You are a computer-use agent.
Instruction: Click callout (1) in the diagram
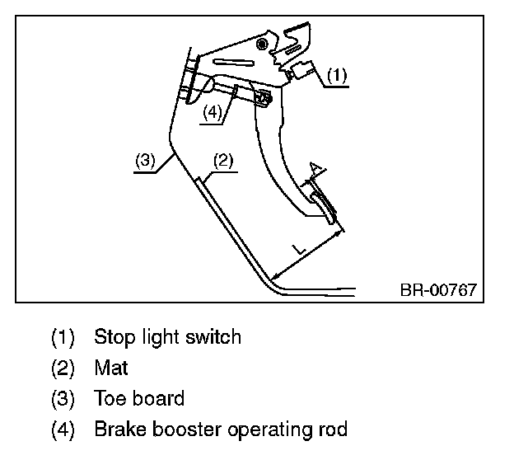pyautogui.click(x=337, y=76)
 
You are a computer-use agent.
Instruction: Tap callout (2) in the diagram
pyautogui.click(x=223, y=161)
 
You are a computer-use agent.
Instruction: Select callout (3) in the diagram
pyautogui.click(x=145, y=161)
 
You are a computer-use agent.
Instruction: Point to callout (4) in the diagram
pyautogui.click(x=213, y=113)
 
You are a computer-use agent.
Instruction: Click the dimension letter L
pyautogui.click(x=299, y=250)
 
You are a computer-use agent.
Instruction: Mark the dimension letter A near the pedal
pyautogui.click(x=316, y=169)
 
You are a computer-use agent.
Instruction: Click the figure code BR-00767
pyautogui.click(x=438, y=290)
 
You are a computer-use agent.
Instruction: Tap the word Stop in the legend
pyautogui.click(x=114, y=337)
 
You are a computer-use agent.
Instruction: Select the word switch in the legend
pyautogui.click(x=213, y=336)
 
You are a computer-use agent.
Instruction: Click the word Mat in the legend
pyautogui.click(x=111, y=368)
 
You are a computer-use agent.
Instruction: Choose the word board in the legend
pyautogui.click(x=158, y=398)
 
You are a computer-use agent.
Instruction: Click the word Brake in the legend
pyautogui.click(x=120, y=429)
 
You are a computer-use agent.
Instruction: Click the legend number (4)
pyautogui.click(x=63, y=429)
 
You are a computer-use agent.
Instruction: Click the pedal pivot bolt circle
pyautogui.click(x=262, y=44)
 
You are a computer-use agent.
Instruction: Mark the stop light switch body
pyautogui.click(x=302, y=70)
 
